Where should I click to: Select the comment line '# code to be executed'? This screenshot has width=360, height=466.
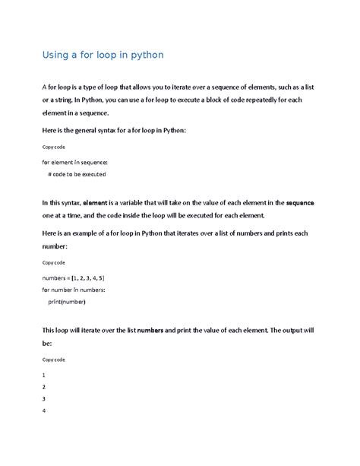(77, 174)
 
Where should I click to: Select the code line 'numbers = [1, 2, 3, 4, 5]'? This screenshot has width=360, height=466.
(73, 279)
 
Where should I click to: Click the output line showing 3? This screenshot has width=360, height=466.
(44, 399)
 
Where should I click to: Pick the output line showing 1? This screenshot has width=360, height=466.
(44, 375)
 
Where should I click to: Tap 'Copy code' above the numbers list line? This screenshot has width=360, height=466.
(54, 262)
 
